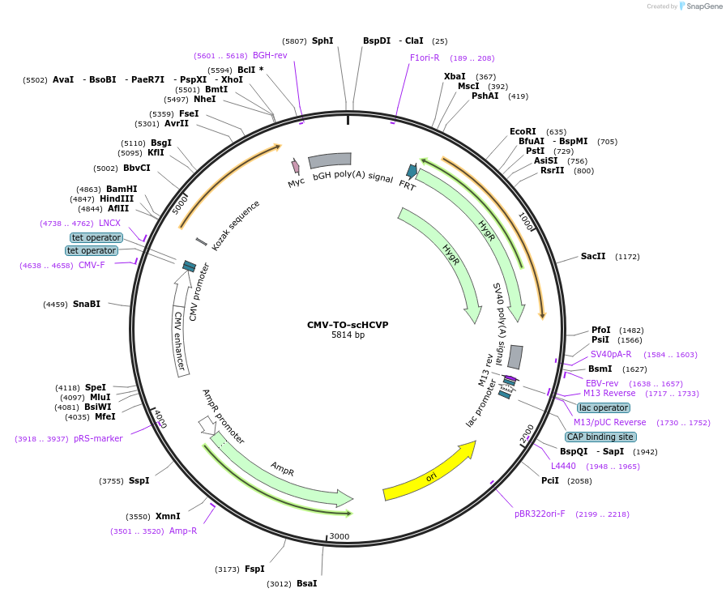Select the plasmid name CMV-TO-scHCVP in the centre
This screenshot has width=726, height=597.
(x=348, y=325)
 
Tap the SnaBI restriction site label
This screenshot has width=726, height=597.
(x=87, y=305)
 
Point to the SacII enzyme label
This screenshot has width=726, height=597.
(x=593, y=257)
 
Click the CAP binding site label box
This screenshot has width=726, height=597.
(x=600, y=437)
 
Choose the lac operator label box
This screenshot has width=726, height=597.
(x=604, y=407)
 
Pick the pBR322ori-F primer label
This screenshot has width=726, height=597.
(x=540, y=514)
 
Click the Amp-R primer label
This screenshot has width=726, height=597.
(x=183, y=531)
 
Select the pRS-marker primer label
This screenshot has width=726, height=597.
(x=98, y=438)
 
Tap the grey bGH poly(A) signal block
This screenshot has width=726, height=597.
(x=330, y=160)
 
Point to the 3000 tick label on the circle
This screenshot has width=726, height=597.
(x=339, y=536)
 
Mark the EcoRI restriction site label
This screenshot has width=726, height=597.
(x=523, y=131)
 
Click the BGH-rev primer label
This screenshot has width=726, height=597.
(x=270, y=55)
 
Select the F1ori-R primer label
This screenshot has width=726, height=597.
(x=425, y=58)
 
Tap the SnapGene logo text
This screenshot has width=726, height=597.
(x=703, y=6)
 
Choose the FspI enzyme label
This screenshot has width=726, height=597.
(x=254, y=569)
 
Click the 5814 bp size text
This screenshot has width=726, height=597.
(x=348, y=335)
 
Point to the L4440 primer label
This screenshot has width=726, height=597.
(x=563, y=466)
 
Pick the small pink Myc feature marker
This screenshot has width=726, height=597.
(x=296, y=166)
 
